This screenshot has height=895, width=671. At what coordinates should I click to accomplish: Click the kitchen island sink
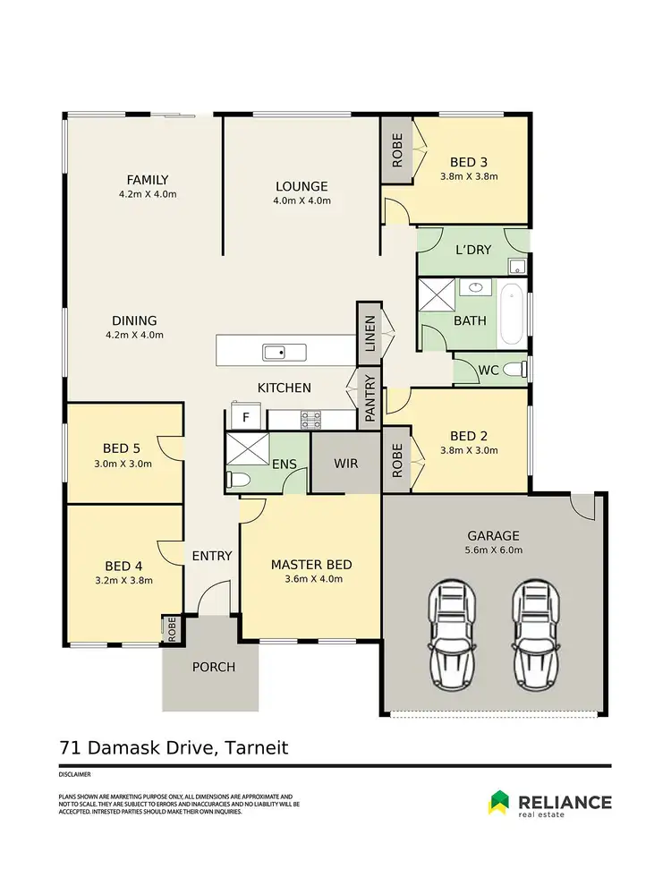pyautogui.click(x=284, y=352)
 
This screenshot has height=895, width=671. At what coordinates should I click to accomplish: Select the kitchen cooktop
pyautogui.click(x=310, y=417)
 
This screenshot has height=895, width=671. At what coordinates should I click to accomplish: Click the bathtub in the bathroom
pyautogui.click(x=513, y=314)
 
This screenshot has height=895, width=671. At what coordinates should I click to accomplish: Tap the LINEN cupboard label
pyautogui.click(x=369, y=332)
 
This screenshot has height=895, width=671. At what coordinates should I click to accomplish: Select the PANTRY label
pyautogui.click(x=369, y=400)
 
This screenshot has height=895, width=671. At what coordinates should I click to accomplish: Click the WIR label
pyautogui.click(x=345, y=464)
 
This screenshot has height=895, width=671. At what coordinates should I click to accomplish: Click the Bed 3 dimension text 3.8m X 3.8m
pyautogui.click(x=469, y=176)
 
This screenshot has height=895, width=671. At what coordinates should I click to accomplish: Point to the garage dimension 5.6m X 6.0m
pyautogui.click(x=493, y=550)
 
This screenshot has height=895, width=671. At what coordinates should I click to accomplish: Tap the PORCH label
pyautogui.click(x=214, y=667)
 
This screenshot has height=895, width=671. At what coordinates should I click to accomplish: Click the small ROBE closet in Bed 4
pyautogui.click(x=170, y=629)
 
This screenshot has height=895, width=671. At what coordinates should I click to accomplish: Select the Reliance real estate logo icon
pyautogui.click(x=499, y=802)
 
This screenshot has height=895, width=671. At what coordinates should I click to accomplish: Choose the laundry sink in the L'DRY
pyautogui.click(x=516, y=266)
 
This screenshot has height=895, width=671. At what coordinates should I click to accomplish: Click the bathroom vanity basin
pyautogui.click(x=473, y=288)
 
